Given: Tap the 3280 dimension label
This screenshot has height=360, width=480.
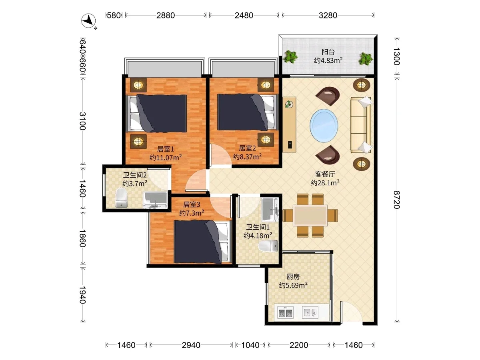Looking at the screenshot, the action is click(328, 15).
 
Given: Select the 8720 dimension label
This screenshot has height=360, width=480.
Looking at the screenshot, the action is click(396, 200).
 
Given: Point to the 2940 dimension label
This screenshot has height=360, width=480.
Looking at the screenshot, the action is click(191, 345).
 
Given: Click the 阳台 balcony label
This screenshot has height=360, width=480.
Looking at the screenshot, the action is click(328, 52).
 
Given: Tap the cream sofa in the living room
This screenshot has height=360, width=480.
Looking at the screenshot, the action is click(361, 125).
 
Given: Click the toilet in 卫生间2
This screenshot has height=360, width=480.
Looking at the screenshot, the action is click(121, 198).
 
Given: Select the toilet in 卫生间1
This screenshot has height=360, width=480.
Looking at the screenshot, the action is click(268, 246).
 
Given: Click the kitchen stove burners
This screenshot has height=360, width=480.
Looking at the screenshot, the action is click(285, 312).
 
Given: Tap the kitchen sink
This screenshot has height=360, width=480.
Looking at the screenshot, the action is click(310, 312).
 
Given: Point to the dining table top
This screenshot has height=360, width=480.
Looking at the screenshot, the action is click(310, 215).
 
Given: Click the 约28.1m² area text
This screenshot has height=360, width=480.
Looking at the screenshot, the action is click(325, 182).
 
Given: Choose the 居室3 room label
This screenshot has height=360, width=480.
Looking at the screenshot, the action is click(192, 204).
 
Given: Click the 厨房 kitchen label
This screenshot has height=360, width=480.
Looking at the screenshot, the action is click(293, 277).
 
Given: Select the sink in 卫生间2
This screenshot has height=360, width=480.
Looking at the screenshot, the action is click(155, 200).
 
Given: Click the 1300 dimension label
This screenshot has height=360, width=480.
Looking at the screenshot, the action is click(396, 56).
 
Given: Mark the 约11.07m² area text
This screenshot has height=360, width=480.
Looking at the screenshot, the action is click(166, 157).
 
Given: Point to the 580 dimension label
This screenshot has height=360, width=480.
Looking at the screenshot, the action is click(114, 15).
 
